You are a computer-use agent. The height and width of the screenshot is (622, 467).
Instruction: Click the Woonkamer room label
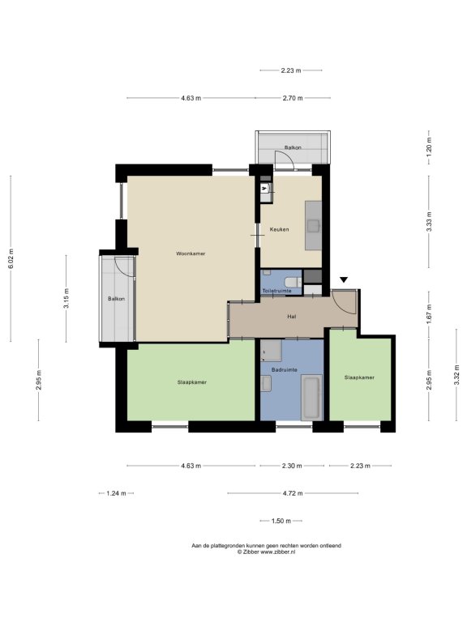pos(191,253)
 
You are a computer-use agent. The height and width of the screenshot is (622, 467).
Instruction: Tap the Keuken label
pos(279,229)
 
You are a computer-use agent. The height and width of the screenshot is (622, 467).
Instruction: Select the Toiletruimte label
pos(276,291)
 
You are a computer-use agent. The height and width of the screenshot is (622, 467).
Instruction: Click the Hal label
pos(292,317)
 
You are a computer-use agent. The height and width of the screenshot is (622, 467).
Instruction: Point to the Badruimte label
pos(285,369)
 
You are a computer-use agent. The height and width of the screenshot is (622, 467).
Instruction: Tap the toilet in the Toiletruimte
pos(293,282)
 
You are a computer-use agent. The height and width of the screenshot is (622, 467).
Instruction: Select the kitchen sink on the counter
pos(313,226)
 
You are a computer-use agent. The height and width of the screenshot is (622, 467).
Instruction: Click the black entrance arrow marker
pos(344,279)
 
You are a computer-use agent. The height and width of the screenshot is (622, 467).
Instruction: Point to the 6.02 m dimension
pos(11,258)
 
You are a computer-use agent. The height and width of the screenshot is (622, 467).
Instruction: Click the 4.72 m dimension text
pos(293,493)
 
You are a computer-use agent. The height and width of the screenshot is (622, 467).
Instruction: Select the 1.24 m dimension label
pos(117,493)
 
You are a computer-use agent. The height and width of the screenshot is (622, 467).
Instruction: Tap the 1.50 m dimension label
pos(281,521)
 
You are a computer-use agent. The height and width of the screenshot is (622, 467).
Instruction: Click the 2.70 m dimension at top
pos(293,98)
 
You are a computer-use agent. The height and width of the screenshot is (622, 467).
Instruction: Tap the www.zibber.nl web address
pos(277,552)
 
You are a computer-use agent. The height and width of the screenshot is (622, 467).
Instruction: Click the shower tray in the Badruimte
pos(272,350)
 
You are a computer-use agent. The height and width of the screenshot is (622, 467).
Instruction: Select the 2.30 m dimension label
pos(292,466)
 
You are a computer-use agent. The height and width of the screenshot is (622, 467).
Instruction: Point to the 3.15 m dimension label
pos(66,298)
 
